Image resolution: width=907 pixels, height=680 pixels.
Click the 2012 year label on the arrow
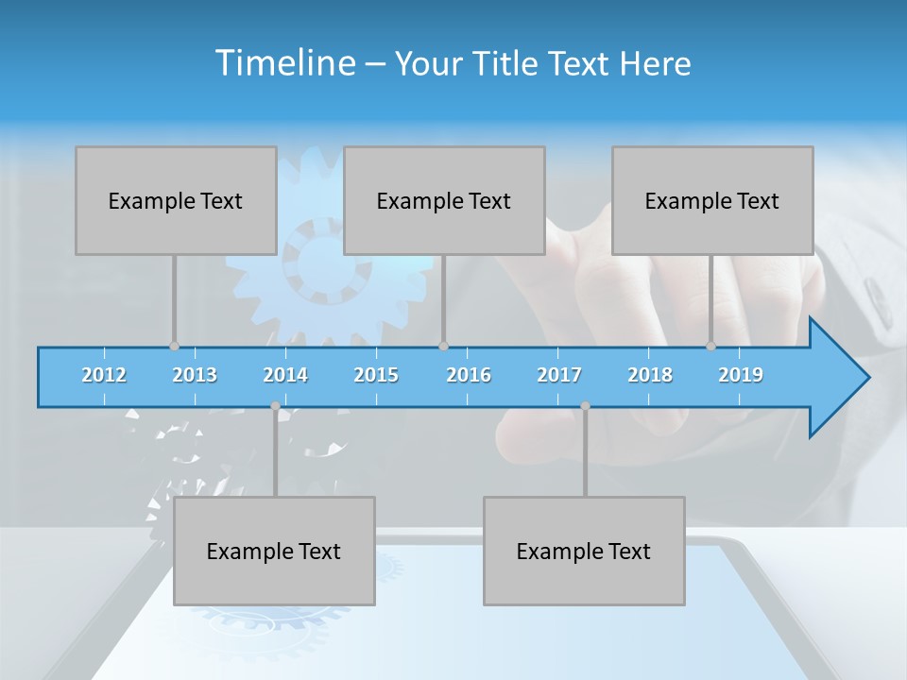pos(104,375)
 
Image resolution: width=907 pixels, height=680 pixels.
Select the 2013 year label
pos(195,375)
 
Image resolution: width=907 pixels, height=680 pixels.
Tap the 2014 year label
pos(285,375)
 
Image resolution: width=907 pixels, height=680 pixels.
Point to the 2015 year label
pos(376,375)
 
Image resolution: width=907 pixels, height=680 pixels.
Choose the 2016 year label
pos(469,375)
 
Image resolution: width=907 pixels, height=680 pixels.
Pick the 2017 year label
pos(559,375)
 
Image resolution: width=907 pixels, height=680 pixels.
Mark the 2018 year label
pos(650,375)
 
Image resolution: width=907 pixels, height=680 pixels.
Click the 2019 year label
pos(741,375)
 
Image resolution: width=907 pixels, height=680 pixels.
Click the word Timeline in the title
pos(283,63)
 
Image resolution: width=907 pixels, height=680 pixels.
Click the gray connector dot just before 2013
pos(174,346)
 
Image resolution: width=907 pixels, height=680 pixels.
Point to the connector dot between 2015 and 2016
pos(443,346)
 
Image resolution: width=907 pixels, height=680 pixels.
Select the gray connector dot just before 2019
pos(711,346)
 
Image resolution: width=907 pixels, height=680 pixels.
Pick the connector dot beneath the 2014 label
pos(275,406)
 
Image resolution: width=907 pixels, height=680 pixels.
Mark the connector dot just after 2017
pos(585,406)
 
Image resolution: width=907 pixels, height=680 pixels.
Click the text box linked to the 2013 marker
pos(176,200)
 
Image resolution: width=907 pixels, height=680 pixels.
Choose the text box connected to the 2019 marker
pos(712,200)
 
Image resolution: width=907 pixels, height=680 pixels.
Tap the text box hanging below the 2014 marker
pos(274,551)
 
